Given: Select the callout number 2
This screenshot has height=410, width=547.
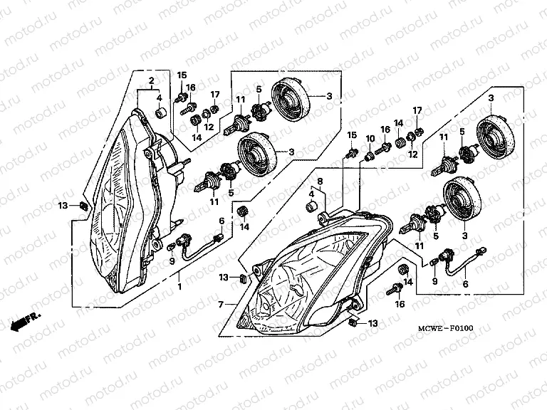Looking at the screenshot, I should click(151, 81).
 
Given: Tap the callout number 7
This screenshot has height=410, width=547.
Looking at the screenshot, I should click(220, 304).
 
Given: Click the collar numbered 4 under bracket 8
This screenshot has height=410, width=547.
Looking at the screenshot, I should click(311, 206).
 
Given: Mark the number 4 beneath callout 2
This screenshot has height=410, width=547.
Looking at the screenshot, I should click(159, 98).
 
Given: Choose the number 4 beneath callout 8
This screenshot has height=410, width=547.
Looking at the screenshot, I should click(311, 193).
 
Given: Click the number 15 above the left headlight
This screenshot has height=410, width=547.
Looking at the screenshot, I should click(182, 75).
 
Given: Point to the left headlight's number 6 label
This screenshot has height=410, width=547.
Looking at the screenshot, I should click(221, 221).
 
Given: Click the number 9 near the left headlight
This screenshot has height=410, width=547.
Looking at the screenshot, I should click(172, 260).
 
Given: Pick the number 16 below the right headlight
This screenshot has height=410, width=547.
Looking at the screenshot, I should click(400, 304).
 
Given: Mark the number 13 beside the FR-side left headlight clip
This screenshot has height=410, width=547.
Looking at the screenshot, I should click(63, 205).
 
